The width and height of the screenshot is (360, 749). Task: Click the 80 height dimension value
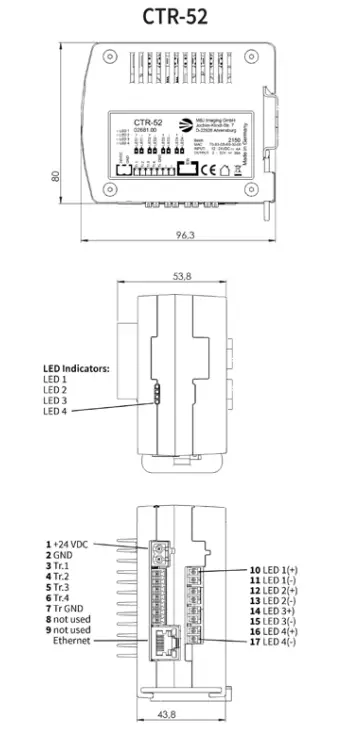click(x=58, y=175)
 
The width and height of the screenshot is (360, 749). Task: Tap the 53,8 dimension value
click(x=182, y=275)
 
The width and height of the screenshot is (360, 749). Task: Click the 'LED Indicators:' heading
click(x=76, y=368)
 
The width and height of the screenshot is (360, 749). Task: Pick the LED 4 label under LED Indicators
click(x=56, y=412)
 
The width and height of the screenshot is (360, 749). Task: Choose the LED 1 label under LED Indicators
click(x=56, y=379)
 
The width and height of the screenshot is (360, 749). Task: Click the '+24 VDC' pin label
click(x=73, y=544)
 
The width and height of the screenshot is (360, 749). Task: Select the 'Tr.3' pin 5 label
click(x=66, y=588)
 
